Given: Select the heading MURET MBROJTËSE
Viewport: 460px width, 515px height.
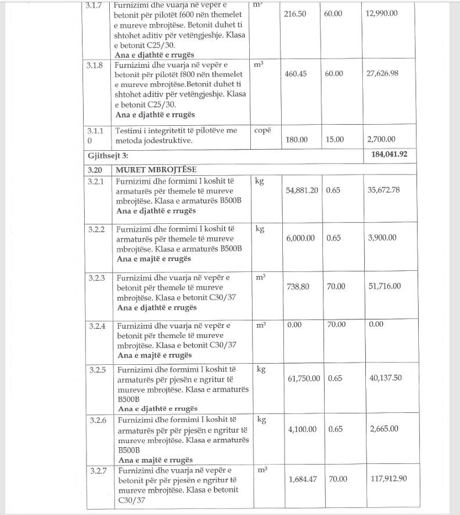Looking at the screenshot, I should [x=156, y=170].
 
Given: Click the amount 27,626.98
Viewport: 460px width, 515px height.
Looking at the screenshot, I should [x=383, y=74].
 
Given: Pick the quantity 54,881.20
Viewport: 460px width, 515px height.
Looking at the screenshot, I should [x=303, y=190].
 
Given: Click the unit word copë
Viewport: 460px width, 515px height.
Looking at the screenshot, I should [x=263, y=130].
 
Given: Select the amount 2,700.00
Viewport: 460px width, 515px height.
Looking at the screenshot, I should [x=381, y=140].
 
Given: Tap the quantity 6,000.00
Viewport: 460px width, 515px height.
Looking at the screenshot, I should [x=301, y=238].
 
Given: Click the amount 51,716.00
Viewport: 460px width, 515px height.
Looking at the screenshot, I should [x=384, y=286].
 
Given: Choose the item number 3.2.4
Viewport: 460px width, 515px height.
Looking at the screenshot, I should [x=97, y=326].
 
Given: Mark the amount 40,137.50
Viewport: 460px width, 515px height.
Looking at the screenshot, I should [x=386, y=379].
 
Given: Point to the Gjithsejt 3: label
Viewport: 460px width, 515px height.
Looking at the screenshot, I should [x=108, y=155].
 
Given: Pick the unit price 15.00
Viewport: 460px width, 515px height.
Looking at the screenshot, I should [x=335, y=140].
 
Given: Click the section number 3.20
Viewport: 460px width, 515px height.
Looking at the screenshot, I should [x=94, y=170].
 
